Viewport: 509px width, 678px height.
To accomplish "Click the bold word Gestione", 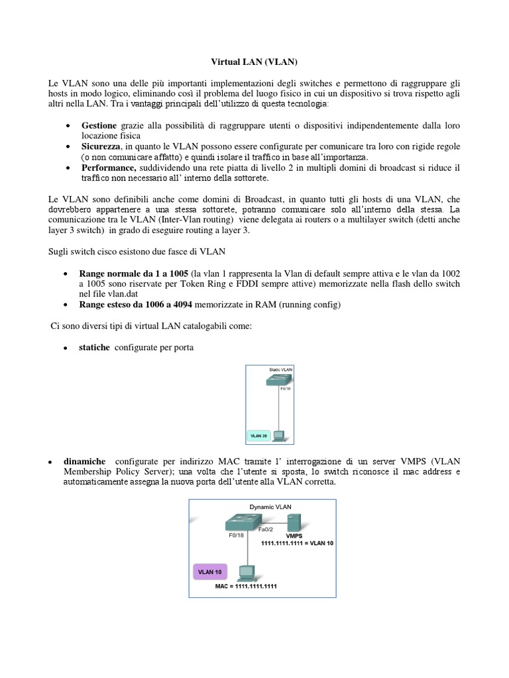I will coord(99,125).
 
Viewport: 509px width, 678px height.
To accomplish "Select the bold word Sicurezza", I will coord(101,146).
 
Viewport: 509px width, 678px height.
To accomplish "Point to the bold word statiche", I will coord(95,347).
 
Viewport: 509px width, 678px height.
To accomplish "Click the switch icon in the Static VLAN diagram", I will coord(278,381).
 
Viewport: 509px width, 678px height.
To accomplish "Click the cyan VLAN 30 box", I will coord(258,436).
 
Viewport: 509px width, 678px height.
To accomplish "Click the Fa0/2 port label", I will coord(276,530).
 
